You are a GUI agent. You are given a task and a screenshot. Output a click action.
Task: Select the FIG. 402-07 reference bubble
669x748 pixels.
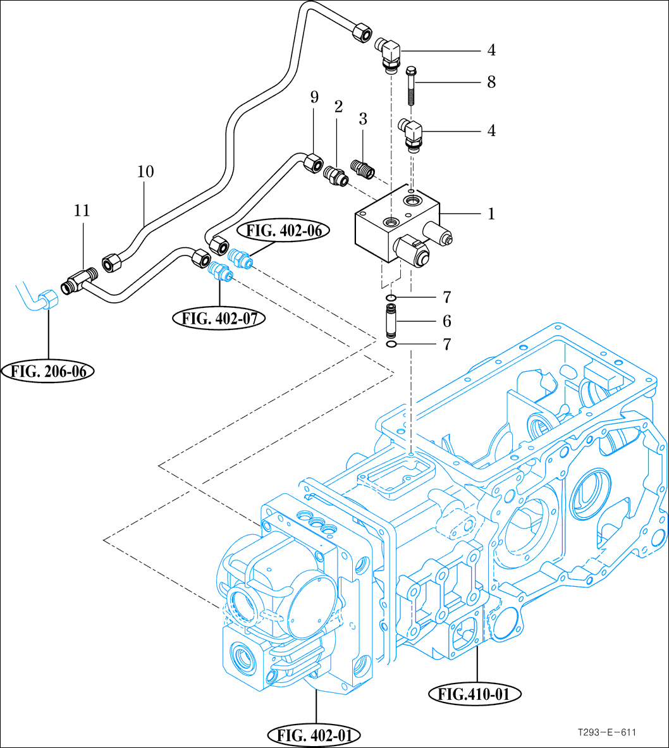[x=219, y=318]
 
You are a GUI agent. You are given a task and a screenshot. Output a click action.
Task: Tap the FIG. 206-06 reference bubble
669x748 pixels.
[x=48, y=371]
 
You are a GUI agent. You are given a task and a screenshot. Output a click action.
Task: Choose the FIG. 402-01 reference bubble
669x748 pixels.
[x=315, y=735]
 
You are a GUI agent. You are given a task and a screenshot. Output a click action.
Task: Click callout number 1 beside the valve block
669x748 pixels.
[x=491, y=214]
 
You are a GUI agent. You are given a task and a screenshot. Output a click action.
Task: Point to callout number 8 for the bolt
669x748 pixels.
[x=491, y=82]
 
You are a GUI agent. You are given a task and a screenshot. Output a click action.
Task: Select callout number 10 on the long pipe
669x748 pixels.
[x=145, y=172]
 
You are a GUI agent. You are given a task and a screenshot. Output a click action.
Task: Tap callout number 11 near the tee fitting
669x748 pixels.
[x=82, y=211]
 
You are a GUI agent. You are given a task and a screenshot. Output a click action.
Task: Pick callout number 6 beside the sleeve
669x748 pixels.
[x=447, y=321]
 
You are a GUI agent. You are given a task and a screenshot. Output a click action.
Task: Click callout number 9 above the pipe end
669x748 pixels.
[x=314, y=97]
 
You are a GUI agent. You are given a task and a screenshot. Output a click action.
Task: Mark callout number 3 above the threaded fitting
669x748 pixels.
[x=362, y=120]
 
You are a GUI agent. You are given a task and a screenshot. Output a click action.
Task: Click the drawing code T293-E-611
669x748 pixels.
[x=606, y=732]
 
